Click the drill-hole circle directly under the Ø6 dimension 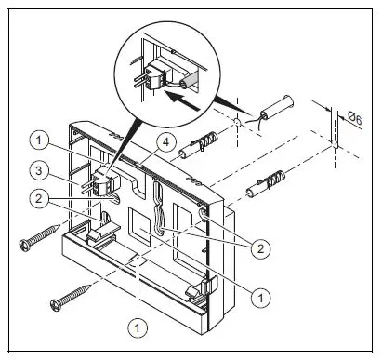[332, 145]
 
